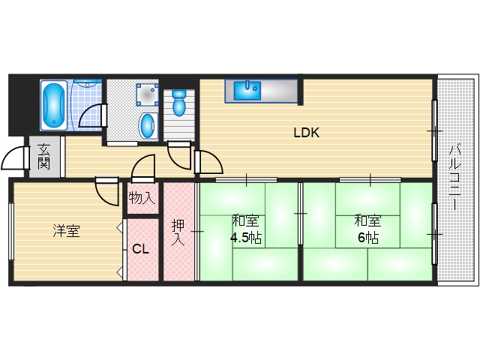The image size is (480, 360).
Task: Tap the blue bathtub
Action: click(x=53, y=106)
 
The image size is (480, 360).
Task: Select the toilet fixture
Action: click(x=179, y=103)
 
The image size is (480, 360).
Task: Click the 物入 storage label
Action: click(x=142, y=199)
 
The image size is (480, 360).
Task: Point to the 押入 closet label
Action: click(x=178, y=232)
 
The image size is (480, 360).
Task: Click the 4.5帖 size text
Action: click(x=245, y=238)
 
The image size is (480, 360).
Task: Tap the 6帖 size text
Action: click(x=367, y=238)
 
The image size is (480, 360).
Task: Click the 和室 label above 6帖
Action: click(x=367, y=221)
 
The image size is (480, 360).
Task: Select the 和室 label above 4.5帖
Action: click(x=245, y=221)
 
